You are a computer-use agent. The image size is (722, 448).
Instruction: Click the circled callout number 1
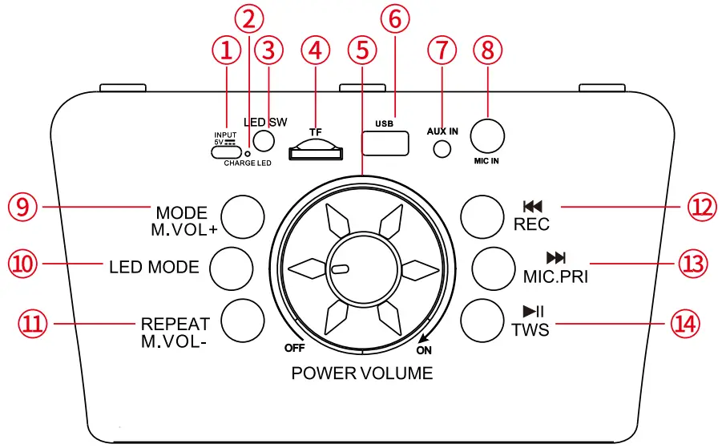point(227,50)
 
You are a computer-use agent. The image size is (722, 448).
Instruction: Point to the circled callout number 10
point(24,264)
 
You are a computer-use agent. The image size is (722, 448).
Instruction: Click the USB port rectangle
point(385,143)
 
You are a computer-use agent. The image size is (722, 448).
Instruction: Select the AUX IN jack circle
point(441,148)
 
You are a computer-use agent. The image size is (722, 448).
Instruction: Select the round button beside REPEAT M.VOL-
point(242,319)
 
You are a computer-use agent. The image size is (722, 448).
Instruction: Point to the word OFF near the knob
point(296,348)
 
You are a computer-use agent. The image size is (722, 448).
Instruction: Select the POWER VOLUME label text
point(361,373)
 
